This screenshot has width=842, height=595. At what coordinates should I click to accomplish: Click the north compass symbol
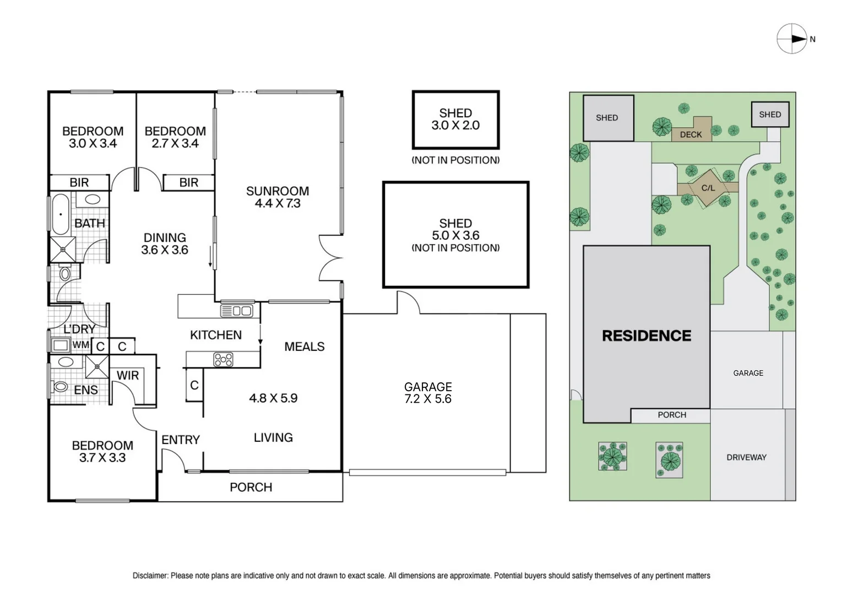792,39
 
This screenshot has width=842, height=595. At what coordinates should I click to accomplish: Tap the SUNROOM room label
278,191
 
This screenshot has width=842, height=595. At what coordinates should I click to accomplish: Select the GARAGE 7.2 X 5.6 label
428,393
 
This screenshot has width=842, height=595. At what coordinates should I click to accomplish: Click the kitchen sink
236,311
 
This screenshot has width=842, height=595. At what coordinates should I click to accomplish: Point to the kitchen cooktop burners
223,359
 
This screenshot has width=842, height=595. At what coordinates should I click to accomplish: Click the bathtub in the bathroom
61,214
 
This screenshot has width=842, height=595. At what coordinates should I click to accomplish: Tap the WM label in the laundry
81,345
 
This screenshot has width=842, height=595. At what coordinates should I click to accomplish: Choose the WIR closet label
128,375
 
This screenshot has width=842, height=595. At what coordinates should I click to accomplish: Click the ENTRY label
181,440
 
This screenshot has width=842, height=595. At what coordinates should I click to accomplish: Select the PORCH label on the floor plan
251,488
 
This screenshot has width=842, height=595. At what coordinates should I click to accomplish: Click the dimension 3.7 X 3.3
102,458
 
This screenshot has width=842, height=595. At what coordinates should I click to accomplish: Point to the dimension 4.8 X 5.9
273,398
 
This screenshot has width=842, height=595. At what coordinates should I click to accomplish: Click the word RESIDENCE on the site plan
647,336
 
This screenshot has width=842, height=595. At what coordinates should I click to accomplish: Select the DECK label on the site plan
691,134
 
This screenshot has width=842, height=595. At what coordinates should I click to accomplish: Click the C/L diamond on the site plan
708,188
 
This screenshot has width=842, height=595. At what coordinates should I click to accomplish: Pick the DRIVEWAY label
746,457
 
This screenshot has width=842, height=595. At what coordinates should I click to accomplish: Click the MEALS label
304,347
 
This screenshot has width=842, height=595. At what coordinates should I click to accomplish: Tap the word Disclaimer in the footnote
150,576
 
